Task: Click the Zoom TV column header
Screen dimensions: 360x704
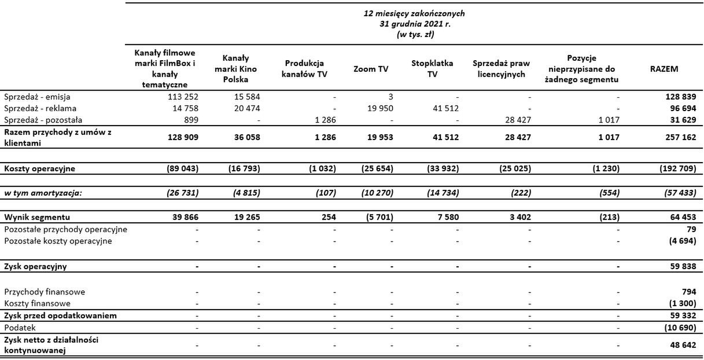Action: [371, 69]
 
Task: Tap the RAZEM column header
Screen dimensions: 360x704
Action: [664, 69]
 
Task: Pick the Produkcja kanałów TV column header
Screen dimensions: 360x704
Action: [306, 69]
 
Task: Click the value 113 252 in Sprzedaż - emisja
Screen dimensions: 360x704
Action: [182, 97]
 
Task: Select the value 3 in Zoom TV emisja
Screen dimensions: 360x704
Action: [391, 97]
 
